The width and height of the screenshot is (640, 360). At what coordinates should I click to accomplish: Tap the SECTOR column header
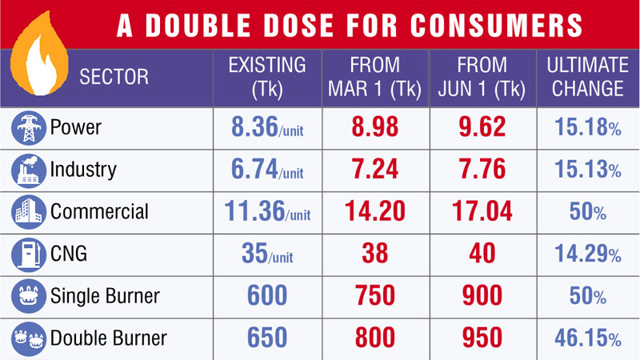click(x=114, y=78)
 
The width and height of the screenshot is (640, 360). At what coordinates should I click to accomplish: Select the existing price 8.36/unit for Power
click(x=258, y=127)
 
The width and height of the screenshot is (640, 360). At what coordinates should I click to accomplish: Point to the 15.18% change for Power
click(x=587, y=128)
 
